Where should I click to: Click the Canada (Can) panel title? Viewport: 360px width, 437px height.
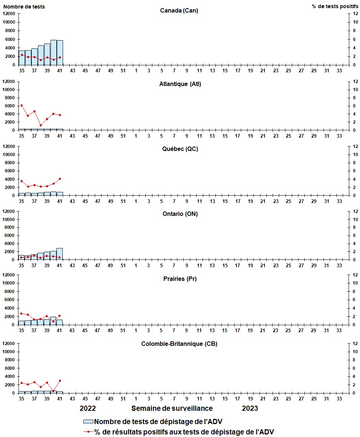click(x=179, y=10)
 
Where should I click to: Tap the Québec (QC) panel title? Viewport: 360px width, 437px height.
click(x=179, y=149)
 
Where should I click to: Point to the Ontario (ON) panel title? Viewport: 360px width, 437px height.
click(x=179, y=214)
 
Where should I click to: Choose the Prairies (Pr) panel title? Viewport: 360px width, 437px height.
click(x=180, y=279)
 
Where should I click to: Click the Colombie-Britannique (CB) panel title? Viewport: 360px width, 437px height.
click(x=179, y=344)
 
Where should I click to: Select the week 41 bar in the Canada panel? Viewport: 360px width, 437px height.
click(x=60, y=52)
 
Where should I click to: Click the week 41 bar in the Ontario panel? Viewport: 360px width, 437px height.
click(x=60, y=254)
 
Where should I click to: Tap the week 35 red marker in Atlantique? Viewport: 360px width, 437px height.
click(x=21, y=105)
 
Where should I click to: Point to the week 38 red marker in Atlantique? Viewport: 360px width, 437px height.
click(x=41, y=125)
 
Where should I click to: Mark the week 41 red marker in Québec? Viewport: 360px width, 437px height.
click(x=60, y=179)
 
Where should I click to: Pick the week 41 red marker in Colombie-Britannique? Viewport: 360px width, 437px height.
click(x=60, y=381)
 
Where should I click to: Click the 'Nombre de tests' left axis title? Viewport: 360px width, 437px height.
click(x=24, y=6)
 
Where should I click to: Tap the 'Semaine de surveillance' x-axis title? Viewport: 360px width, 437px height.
click(x=172, y=408)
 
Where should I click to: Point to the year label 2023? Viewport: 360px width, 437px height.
click(x=250, y=408)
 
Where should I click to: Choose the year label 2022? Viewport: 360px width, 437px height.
click(x=88, y=408)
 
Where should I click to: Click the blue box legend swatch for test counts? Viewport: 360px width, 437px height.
click(x=89, y=422)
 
